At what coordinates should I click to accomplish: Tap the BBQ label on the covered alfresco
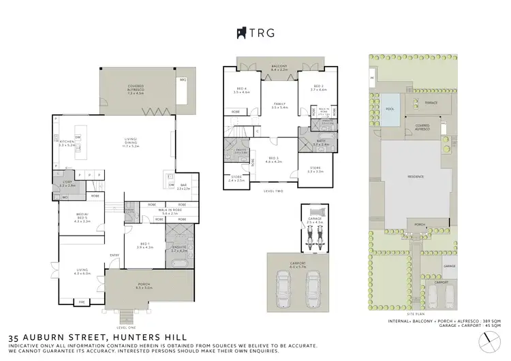183,80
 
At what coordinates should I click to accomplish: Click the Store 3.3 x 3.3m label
317,170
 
